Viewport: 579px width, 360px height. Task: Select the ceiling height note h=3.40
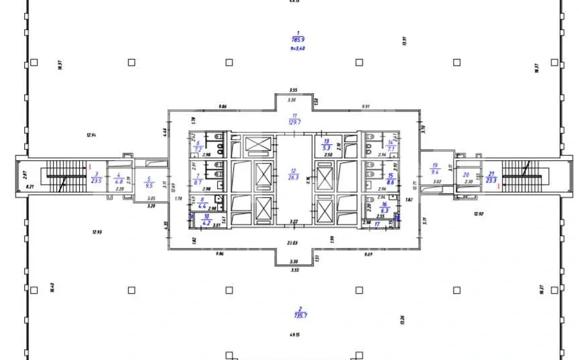tap(296, 48)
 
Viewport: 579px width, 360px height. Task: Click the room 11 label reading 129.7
tap(294, 122)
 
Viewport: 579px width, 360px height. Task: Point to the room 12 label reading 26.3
tap(293, 177)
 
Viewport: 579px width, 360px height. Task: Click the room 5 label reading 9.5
tap(149, 185)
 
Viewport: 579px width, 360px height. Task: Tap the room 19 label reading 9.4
tap(435, 171)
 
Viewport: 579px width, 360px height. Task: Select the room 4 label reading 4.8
tap(119, 180)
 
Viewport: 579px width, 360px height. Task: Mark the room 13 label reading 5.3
tap(327, 147)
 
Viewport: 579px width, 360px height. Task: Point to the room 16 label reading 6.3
tap(385, 210)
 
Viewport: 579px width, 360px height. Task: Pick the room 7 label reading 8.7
tap(198, 182)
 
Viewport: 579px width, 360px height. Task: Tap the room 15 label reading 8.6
tap(390, 181)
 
